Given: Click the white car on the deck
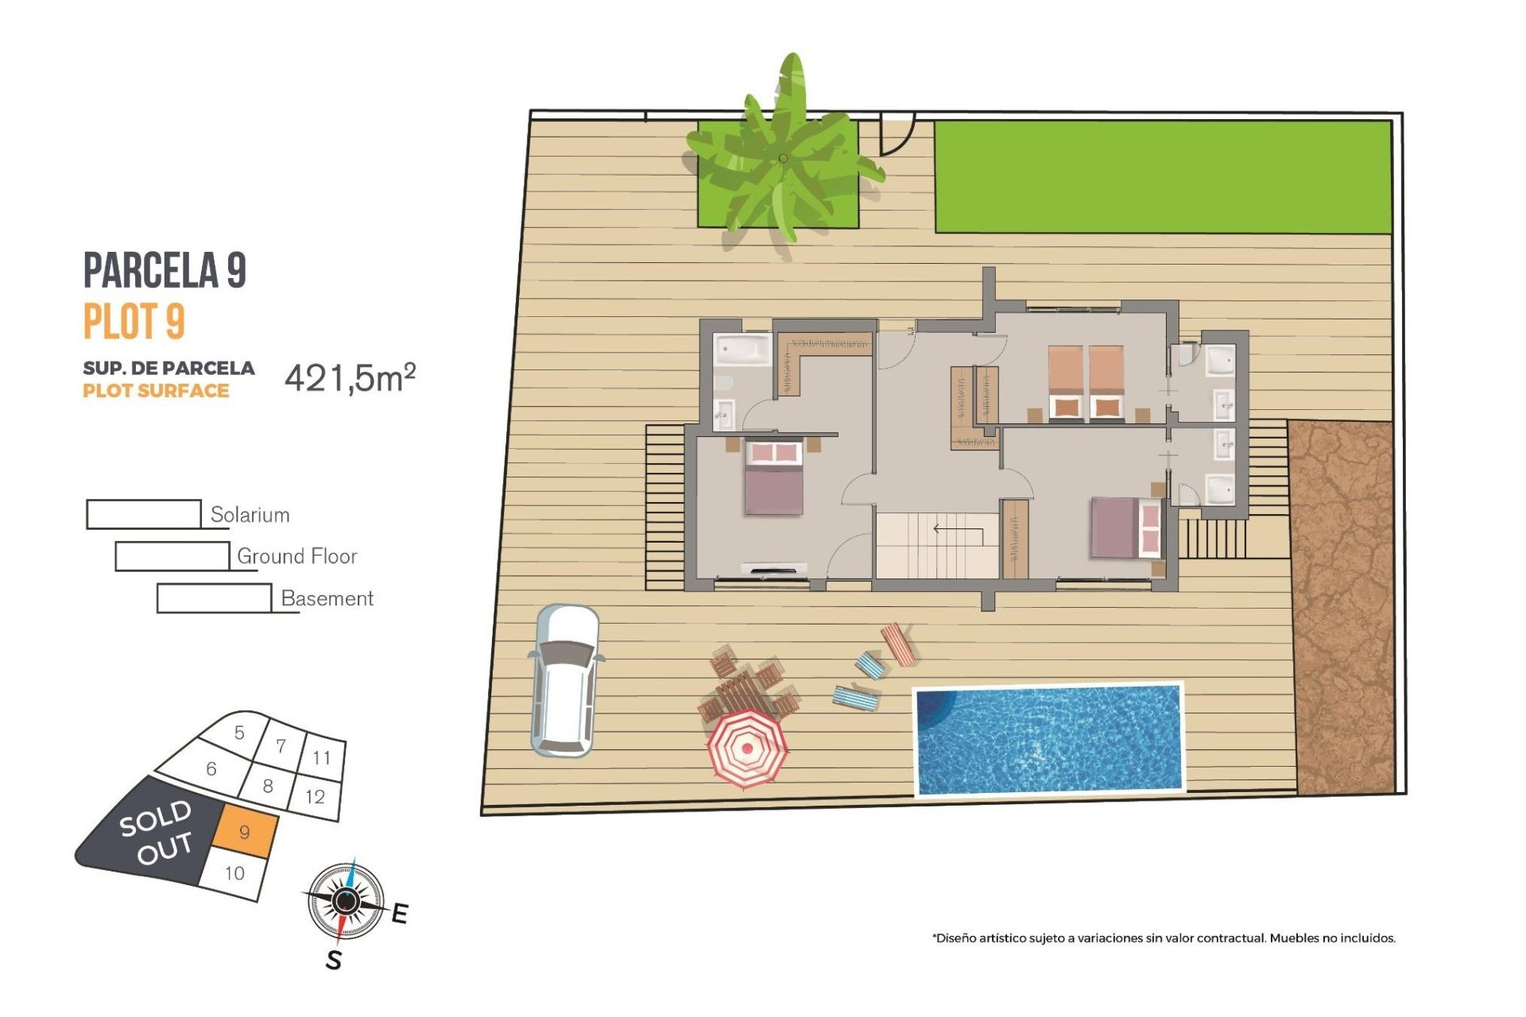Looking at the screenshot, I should point(564,682).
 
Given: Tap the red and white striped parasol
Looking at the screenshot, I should point(747,748).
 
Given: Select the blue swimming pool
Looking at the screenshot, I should point(1048,739).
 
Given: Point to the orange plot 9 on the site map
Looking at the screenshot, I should point(246,832).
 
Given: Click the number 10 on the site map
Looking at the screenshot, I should point(234,873).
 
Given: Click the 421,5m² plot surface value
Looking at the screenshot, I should point(350,378).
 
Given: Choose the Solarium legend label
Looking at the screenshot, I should point(250,515).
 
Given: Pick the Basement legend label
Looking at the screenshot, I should point(327,598).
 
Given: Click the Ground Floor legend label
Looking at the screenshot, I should point(296,556).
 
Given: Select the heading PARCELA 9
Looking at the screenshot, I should point(165,270).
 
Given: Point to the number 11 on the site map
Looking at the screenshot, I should point(321,757).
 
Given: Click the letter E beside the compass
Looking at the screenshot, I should point(400,914).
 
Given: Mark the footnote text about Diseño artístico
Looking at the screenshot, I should point(1164,938).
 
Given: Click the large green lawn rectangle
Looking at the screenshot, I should point(1162,176).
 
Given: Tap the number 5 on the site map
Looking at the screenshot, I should point(239,733).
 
